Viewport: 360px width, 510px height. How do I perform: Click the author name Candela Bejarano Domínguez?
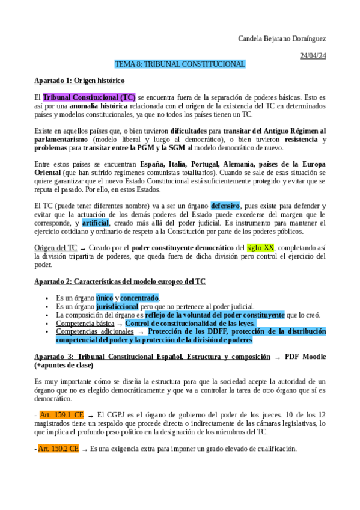click(x=282, y=39)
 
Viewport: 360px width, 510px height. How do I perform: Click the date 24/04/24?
click(x=313, y=56)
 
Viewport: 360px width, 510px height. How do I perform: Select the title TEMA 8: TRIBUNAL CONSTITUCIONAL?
click(x=180, y=64)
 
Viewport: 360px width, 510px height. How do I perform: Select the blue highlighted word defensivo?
click(x=225, y=206)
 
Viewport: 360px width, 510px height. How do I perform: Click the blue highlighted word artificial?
click(x=96, y=223)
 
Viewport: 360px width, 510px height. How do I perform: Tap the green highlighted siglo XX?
click(x=261, y=248)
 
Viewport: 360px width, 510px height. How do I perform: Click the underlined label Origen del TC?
click(x=56, y=248)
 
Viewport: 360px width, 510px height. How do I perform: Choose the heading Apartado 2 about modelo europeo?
click(x=120, y=281)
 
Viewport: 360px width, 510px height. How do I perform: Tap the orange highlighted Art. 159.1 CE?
click(x=59, y=415)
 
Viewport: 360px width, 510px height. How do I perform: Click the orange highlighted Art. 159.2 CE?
click(x=59, y=449)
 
